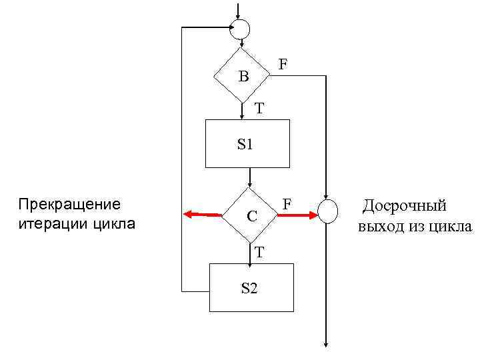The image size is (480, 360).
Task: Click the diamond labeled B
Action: (x=241, y=75)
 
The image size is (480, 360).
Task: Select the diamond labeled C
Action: (x=249, y=216)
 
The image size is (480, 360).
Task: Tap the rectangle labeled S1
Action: (x=247, y=143)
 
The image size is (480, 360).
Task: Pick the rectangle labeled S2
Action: (x=251, y=287)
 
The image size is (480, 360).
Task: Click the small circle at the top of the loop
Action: (x=239, y=29)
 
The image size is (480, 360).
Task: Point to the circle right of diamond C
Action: (x=328, y=212)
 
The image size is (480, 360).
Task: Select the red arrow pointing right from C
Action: (x=297, y=215)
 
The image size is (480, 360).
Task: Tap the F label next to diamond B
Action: (x=283, y=65)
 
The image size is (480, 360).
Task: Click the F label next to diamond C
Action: (x=287, y=201)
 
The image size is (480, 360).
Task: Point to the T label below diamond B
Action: (x=259, y=107)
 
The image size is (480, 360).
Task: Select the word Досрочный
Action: (x=404, y=206)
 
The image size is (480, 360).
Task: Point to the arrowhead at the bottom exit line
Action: (x=327, y=343)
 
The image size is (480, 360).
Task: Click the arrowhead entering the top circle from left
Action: (x=227, y=28)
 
